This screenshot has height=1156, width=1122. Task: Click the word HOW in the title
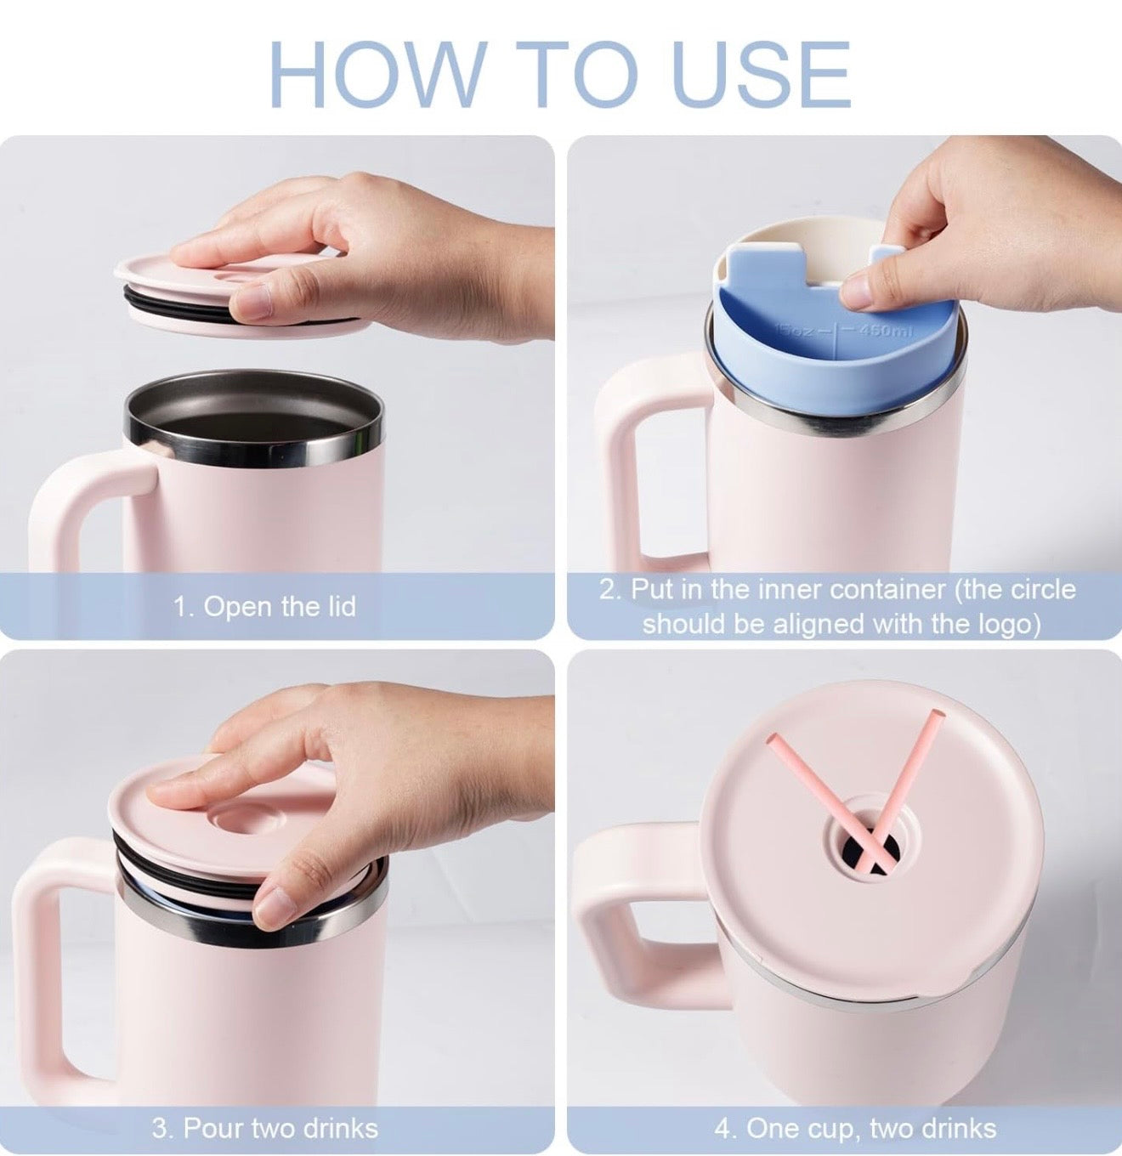376,75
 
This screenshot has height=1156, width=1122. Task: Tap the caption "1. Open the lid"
265,607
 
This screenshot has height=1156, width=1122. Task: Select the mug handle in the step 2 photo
644,463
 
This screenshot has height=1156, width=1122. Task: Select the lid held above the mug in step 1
238,291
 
